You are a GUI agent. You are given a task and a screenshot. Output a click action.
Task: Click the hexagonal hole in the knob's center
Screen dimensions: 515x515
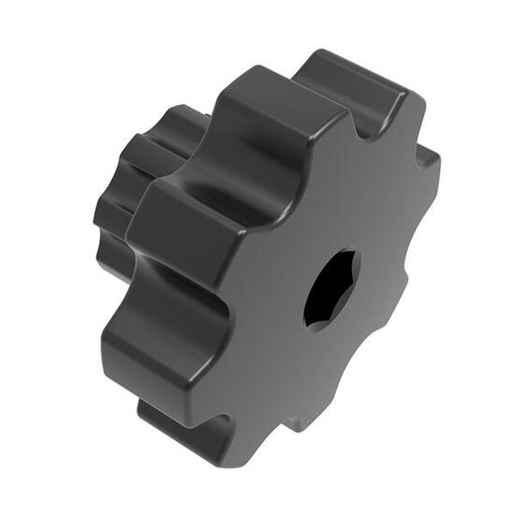(x=331, y=287)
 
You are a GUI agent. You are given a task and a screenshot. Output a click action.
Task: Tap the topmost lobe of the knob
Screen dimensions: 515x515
(x=351, y=80)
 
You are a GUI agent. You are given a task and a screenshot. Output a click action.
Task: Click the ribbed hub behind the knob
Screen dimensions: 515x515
(x=140, y=178)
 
